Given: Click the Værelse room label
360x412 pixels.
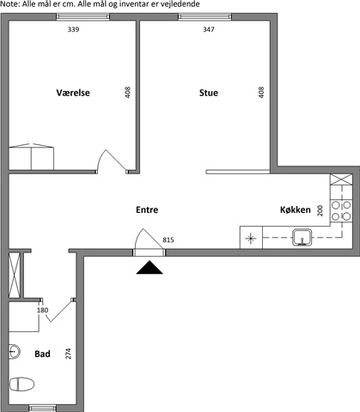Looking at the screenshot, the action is click(73, 93).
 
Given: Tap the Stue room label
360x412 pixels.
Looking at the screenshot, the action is click(209, 93).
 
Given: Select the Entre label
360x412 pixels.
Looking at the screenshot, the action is click(147, 209).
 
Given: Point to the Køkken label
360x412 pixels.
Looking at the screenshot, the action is click(296, 209).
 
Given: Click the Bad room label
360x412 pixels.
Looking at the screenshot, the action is click(42, 354).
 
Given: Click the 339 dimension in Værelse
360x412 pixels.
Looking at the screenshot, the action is click(73, 29).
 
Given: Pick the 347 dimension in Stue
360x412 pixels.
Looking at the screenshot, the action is click(209, 29).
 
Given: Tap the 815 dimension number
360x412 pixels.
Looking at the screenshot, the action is click(168, 239).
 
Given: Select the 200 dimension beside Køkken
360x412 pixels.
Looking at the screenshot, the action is click(320, 210).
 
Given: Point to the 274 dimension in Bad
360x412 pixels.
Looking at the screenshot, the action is click(68, 354).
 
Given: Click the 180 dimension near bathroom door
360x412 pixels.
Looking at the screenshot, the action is click(43, 310).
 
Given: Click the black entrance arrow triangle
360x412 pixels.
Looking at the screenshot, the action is click(149, 268).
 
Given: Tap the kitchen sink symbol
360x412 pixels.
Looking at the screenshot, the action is click(302, 238).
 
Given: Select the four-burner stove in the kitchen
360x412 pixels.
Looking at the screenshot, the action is click(341, 210).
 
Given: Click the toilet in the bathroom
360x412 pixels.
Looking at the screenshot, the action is click(21, 384).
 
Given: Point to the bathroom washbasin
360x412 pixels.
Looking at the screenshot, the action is click(15, 351).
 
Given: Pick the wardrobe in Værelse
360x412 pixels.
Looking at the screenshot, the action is click(31, 157).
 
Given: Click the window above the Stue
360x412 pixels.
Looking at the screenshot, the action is click(204, 17).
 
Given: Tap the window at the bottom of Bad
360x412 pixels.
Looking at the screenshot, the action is click(43, 409).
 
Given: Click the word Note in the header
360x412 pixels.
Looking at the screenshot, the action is click(9, 4).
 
